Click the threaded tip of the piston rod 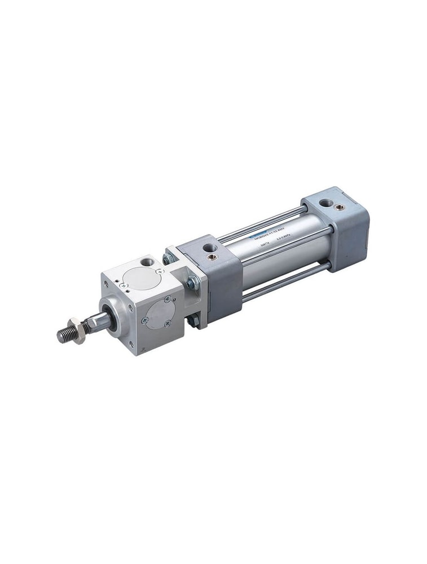click(64, 336)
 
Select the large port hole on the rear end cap click(325, 202)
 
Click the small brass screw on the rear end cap click(340, 207)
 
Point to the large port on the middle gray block click(209, 248)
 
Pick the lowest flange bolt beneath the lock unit click(193, 321)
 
